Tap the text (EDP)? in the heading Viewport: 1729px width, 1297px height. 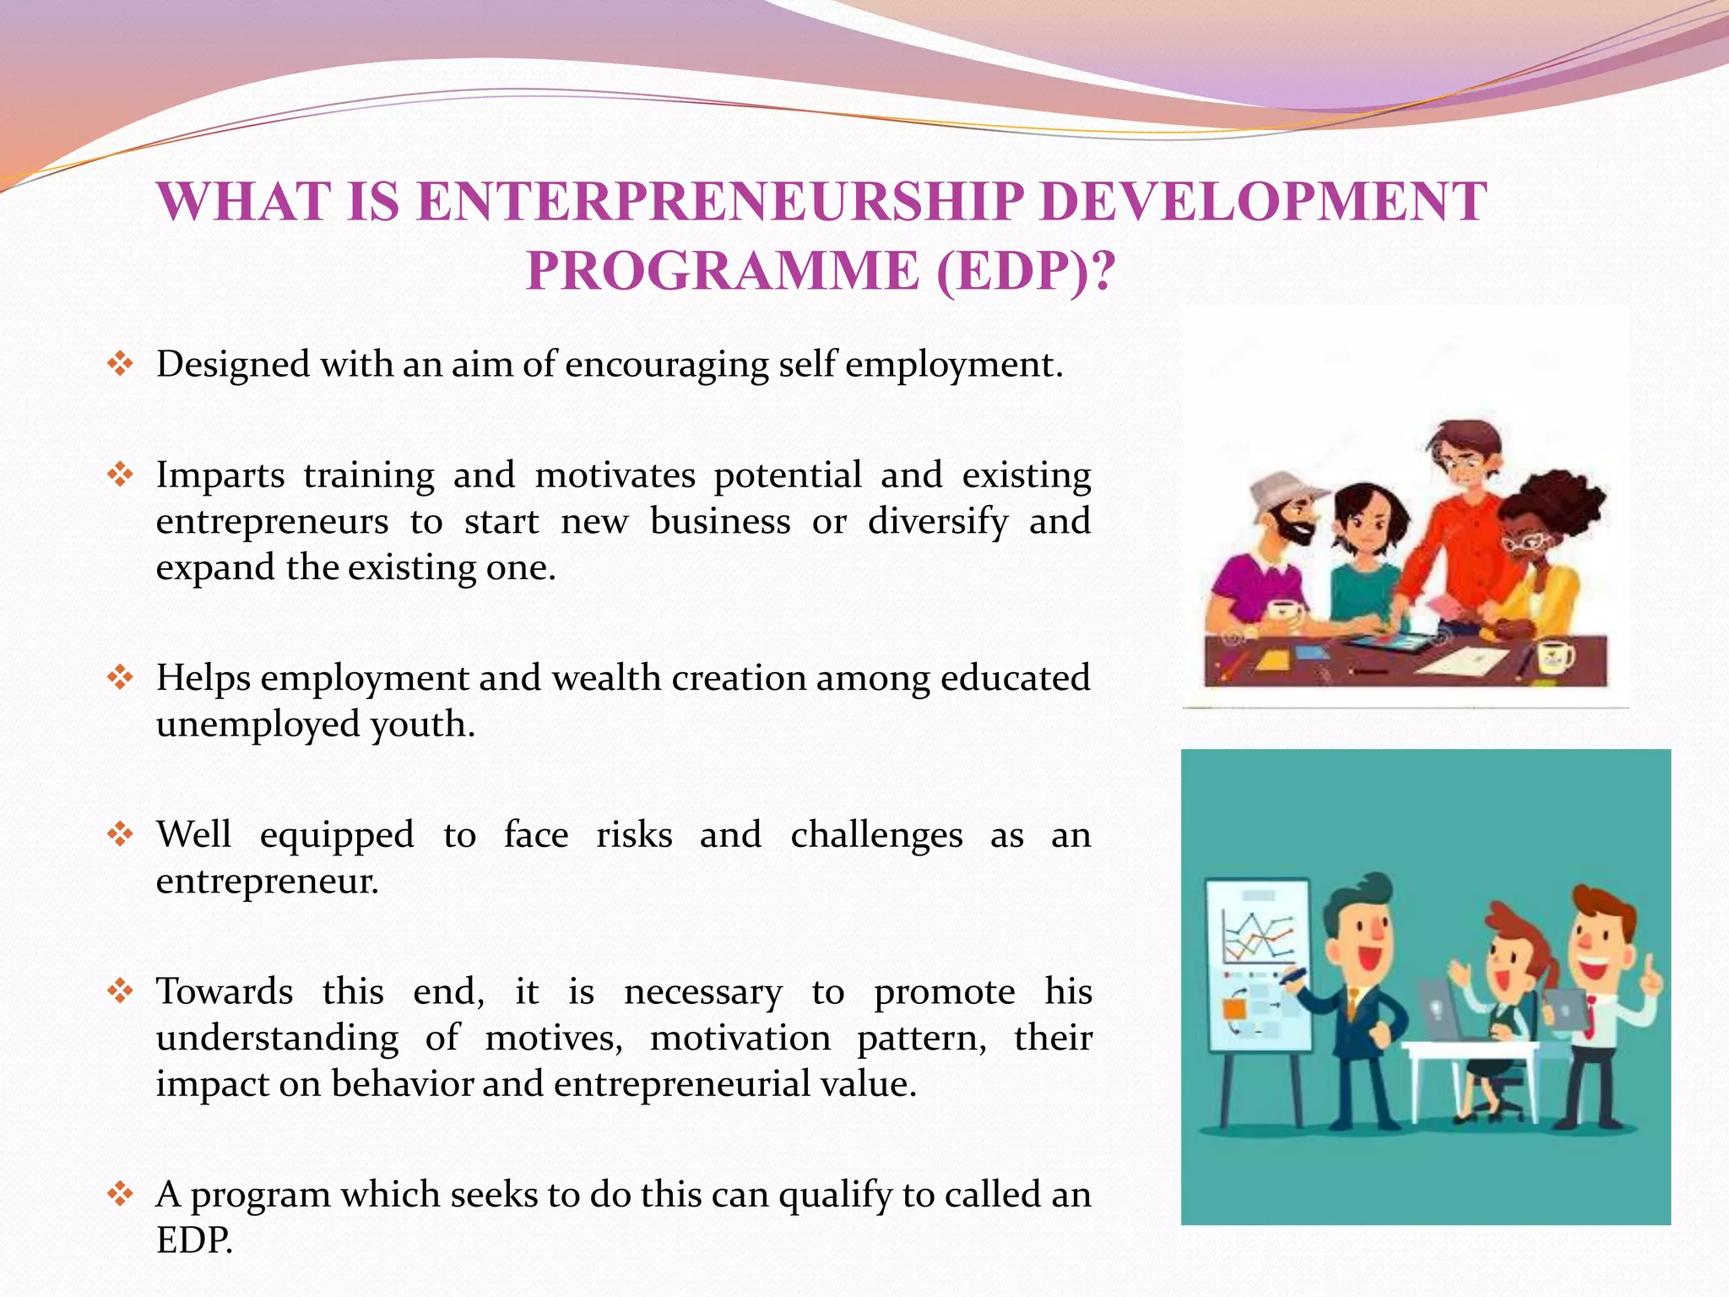[1025, 271]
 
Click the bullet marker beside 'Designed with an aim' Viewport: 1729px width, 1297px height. [120, 365]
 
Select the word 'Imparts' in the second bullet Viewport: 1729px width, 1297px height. [220, 475]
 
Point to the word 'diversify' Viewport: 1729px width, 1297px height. [937, 522]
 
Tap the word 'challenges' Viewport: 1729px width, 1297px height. [876, 835]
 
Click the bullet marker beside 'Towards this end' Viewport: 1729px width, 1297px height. [120, 991]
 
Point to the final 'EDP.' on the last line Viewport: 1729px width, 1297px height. [194, 1240]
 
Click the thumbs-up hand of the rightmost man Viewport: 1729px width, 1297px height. [1649, 980]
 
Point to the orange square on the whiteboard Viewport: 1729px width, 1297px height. [1233, 1008]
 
